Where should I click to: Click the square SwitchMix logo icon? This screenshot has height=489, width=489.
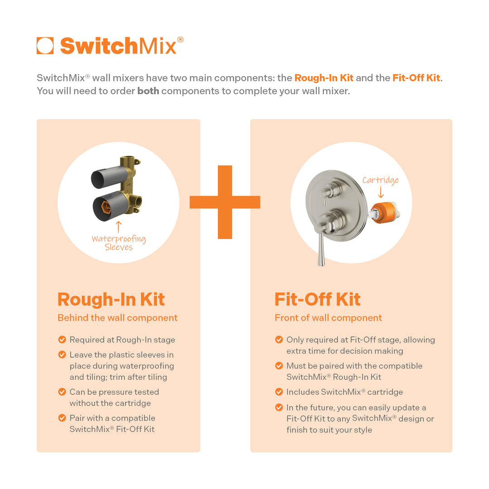click(x=45, y=46)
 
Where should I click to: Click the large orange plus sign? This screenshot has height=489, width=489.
click(x=225, y=202)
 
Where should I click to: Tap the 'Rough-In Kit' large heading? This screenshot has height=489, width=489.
click(x=111, y=299)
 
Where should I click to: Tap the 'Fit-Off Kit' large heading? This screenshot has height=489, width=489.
click(x=317, y=299)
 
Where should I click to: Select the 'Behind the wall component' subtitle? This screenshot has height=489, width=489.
click(x=117, y=318)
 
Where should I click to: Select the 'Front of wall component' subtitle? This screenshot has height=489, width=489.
click(x=328, y=318)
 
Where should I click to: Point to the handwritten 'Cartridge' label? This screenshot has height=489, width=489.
click(x=380, y=180)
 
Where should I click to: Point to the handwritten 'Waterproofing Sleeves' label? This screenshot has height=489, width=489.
click(x=119, y=243)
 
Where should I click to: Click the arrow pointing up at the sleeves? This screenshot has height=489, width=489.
click(x=119, y=226)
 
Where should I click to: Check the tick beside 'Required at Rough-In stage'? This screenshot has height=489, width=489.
click(x=62, y=340)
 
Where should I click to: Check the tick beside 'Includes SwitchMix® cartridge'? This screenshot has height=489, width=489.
click(x=279, y=392)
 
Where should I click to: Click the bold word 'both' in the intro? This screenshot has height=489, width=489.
click(x=148, y=91)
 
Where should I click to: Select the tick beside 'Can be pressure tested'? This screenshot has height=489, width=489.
click(x=62, y=392)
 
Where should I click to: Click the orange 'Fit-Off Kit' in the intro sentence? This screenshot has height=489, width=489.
click(x=416, y=78)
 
